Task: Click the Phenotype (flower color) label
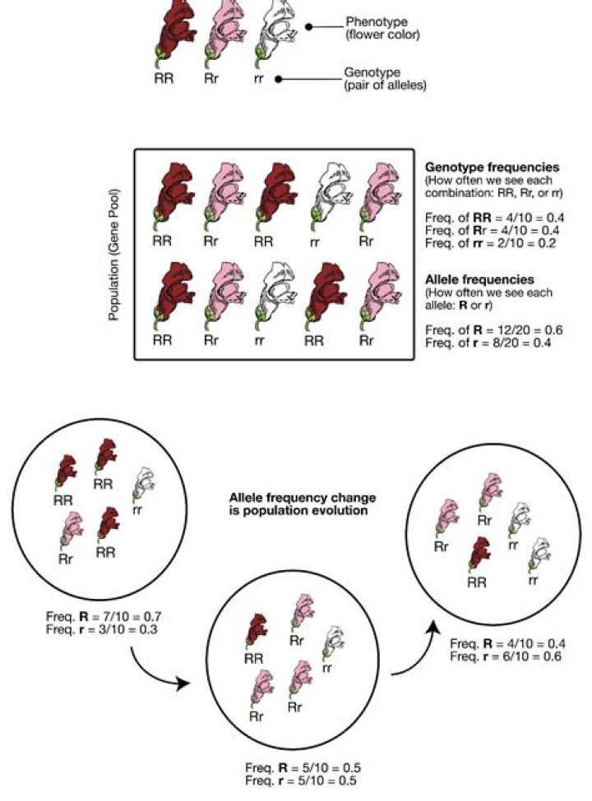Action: pos(382,29)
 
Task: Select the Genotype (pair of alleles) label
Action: pos(385,79)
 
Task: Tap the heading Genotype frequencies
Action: pos(493,167)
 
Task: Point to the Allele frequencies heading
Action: pos(479,279)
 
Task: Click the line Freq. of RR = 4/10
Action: pos(494,219)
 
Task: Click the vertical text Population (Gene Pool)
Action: pos(114,255)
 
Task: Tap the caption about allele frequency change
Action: pos(302,504)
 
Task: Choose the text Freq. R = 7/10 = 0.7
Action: pos(104,617)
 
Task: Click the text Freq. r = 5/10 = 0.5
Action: pos(301,780)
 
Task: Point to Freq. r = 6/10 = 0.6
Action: pos(506,656)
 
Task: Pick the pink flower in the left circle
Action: pos(71,530)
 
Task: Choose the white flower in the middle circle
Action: pos(333,642)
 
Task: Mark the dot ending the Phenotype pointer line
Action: pos(308,26)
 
